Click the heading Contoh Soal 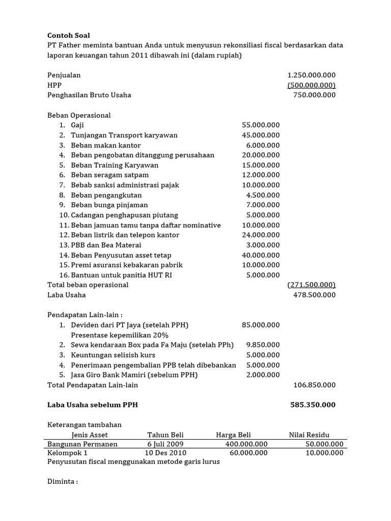[68, 35]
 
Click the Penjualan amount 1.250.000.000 [312, 75]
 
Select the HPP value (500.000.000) [312, 85]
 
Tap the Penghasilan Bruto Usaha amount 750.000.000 [315, 95]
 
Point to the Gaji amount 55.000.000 [261, 125]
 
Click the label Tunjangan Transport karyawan [124, 135]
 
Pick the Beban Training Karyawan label [115, 165]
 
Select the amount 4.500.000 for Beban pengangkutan [263, 195]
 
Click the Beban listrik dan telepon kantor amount [261, 235]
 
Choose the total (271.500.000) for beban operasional [312, 285]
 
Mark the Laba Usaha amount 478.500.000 [315, 295]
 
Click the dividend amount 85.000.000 [261, 325]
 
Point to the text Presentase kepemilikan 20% [120, 335]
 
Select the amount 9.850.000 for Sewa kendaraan [263, 345]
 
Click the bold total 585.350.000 [313, 405]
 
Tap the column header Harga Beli [233, 435]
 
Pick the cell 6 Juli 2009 [165, 444]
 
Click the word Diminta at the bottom [62, 482]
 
